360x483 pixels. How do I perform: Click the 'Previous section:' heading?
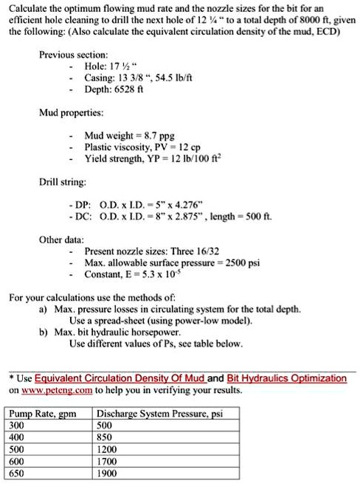click(75, 55)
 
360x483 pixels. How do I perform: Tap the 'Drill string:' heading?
click(63, 180)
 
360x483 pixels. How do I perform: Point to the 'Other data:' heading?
click(61, 240)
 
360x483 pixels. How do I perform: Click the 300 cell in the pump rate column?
click(15, 425)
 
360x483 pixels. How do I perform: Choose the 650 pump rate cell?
click(15, 474)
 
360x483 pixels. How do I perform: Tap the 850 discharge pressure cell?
click(107, 437)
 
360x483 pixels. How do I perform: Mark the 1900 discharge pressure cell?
click(109, 474)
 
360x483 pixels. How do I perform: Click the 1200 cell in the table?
click(109, 450)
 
